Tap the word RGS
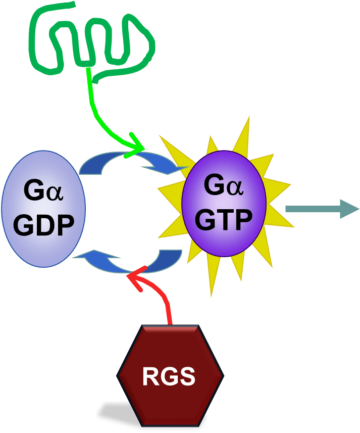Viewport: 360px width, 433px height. coord(169,377)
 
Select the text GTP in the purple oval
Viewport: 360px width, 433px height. coord(224,220)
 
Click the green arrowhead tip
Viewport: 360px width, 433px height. coord(141,148)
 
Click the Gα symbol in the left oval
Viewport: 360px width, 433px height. coord(43,193)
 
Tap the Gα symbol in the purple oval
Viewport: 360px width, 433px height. coord(223,186)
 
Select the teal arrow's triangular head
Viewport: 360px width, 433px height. coord(348,208)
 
